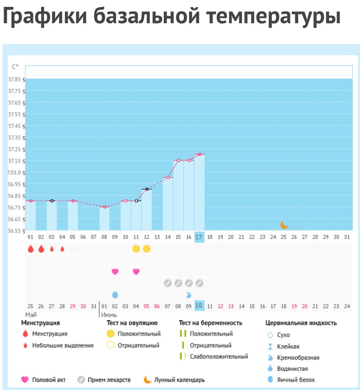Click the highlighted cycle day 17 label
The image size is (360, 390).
click(x=199, y=237)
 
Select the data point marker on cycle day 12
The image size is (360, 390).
click(x=147, y=189)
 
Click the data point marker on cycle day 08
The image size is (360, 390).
click(x=105, y=207)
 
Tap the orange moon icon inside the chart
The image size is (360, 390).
click(x=284, y=225)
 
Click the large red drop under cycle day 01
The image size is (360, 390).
click(x=30, y=249)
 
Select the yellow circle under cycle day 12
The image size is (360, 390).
click(x=147, y=249)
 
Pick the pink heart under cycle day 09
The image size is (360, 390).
click(x=115, y=271)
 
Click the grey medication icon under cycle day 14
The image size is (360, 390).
click(x=168, y=283)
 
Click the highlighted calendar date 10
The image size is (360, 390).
click(x=199, y=306)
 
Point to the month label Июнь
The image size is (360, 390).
click(x=109, y=314)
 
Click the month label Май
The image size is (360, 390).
click(x=31, y=314)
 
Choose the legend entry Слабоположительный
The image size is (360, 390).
click(x=219, y=356)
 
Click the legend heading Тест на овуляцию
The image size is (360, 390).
click(x=132, y=323)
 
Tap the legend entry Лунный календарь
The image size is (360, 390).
click(x=179, y=380)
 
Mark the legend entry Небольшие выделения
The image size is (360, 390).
click(x=62, y=345)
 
